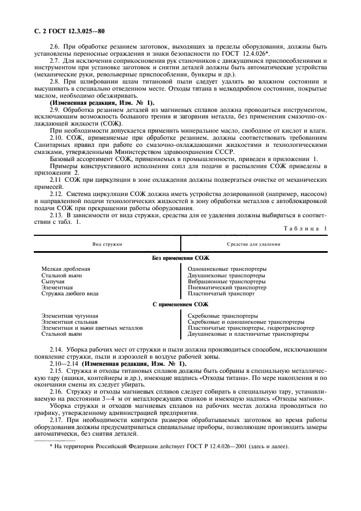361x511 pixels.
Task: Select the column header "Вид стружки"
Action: (107, 244)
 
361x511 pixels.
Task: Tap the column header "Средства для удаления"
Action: (253, 244)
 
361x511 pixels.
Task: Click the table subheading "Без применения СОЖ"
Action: (180, 258)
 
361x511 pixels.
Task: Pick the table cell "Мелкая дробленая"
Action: (66, 269)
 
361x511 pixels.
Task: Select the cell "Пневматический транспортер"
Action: (227, 287)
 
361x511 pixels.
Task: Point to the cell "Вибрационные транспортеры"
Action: (226, 281)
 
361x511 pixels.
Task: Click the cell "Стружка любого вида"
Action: (70, 293)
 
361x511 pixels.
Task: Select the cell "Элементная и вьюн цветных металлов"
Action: (92, 328)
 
